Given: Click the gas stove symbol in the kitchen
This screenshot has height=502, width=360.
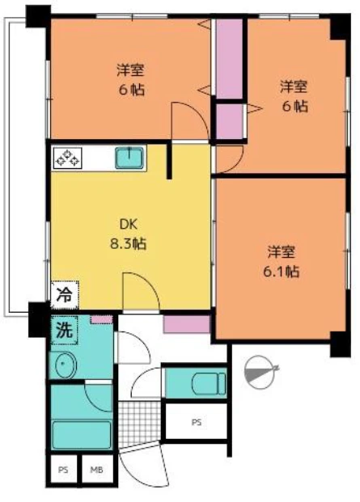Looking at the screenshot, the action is (x=68, y=158).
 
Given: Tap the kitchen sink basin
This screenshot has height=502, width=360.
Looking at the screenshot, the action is (x=129, y=158).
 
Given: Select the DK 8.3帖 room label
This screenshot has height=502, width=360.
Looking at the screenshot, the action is (x=129, y=234).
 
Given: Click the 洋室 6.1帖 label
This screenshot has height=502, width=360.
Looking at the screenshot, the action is (x=282, y=262).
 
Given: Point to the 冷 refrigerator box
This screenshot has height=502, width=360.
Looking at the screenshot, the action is (x=65, y=295).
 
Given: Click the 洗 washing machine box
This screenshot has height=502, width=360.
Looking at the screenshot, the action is (x=65, y=330).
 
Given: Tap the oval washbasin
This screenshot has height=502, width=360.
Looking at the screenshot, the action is (x=66, y=365).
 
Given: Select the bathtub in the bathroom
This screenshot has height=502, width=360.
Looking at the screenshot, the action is (x=82, y=435).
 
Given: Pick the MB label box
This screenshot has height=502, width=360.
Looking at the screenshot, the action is (x=97, y=470).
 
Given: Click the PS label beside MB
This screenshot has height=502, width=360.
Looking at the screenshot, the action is (x=63, y=470).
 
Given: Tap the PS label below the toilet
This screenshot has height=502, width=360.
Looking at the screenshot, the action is (x=197, y=422).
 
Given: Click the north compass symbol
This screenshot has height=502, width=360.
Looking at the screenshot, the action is (x=260, y=372).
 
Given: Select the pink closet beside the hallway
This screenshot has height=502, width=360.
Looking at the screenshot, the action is (x=187, y=324).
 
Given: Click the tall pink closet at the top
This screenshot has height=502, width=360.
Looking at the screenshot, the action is (x=229, y=58).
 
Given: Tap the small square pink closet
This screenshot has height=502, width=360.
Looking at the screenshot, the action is (x=229, y=121).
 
